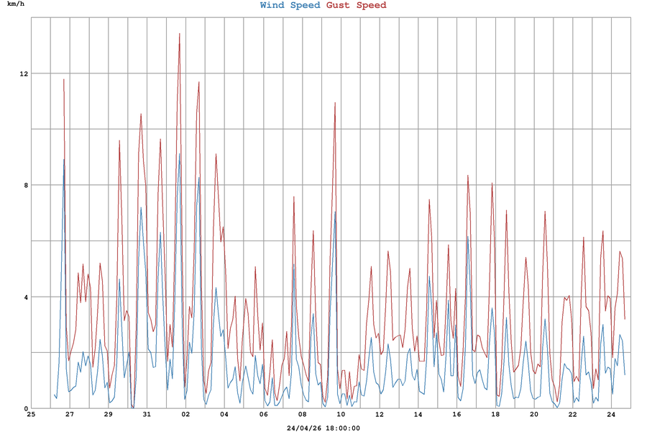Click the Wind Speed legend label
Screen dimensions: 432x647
(290, 6)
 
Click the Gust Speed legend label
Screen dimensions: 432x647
(357, 6)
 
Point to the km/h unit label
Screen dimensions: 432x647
(16, 5)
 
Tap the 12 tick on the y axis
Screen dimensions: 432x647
(24, 74)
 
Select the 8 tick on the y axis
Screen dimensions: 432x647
(25, 186)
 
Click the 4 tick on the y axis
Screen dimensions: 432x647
(25, 297)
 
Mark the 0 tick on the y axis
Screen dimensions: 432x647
(25, 409)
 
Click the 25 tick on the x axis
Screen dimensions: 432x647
(31, 415)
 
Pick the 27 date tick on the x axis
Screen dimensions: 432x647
(70, 415)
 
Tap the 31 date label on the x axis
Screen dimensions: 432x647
(147, 415)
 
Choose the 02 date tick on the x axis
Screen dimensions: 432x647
(185, 415)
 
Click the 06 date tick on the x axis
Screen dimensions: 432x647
(263, 415)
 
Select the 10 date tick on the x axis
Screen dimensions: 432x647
(341, 415)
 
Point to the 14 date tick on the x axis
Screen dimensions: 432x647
(418, 415)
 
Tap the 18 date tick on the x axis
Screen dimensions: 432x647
(495, 415)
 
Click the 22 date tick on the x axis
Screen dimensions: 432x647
(572, 415)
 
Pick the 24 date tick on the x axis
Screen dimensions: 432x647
(611, 415)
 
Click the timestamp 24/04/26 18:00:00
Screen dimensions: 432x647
(323, 428)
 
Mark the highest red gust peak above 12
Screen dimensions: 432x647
(180, 33)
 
